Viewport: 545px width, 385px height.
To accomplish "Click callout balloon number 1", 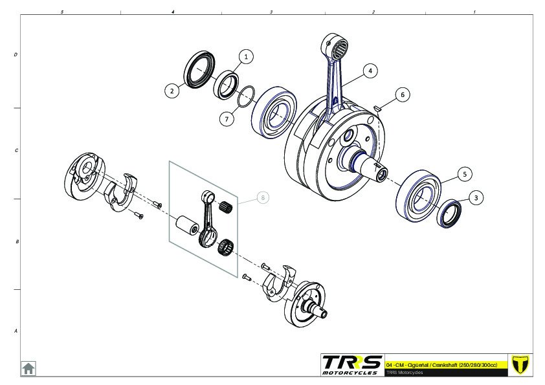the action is click(246, 57).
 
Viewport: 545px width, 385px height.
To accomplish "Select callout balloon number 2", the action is click(172, 91).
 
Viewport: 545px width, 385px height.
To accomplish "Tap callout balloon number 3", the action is click(476, 198).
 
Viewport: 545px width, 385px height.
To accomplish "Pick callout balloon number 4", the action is click(370, 71).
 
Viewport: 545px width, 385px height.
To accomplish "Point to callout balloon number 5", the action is click(465, 174).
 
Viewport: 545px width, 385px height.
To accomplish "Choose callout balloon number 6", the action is click(403, 94).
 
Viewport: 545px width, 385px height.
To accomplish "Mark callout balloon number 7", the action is click(227, 119).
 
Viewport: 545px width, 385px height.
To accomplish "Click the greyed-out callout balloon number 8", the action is click(263, 198).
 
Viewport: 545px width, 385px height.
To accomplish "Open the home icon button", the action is click(28, 368).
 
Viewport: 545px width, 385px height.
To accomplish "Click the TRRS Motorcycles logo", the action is click(351, 365).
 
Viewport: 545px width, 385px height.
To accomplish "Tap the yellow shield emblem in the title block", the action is click(520, 364).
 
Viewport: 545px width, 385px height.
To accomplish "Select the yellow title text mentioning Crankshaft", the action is click(441, 365).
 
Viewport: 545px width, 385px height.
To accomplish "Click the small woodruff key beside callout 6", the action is click(377, 109).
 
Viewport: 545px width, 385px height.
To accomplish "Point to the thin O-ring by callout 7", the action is click(246, 97).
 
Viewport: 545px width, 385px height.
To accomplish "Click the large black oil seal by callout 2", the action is click(199, 69).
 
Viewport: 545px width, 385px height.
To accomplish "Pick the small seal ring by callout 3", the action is click(449, 214).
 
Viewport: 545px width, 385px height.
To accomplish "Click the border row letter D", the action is click(16, 55).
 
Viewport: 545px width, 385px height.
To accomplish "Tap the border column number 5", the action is click(62, 12).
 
